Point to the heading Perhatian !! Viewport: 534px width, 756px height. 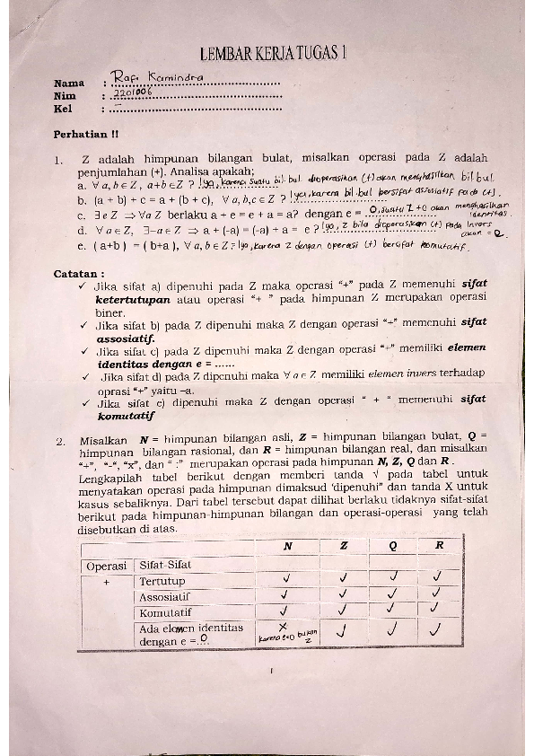point(85,135)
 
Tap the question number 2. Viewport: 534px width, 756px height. point(58,441)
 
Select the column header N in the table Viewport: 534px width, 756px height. point(287,546)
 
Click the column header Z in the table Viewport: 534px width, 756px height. point(344,546)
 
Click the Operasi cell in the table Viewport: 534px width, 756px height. point(106,566)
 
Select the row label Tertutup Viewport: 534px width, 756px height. point(162,582)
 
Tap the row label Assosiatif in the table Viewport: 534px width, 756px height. point(165,597)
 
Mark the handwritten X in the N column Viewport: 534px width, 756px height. point(283,628)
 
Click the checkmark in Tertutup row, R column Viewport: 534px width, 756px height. point(438,579)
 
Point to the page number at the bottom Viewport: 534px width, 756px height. point(271,670)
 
